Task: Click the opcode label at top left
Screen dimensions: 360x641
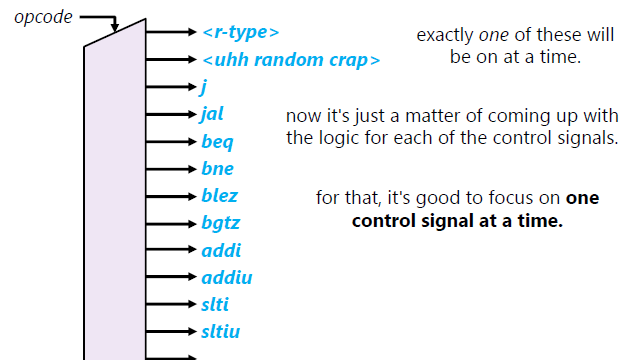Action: [43, 17]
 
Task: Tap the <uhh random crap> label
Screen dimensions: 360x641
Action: [290, 60]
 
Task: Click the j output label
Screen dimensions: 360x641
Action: [204, 87]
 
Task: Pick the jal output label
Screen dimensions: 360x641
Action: [212, 114]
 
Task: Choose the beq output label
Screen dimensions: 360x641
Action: [217, 142]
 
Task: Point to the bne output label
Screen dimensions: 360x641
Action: [217, 169]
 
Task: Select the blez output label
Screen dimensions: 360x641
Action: [219, 196]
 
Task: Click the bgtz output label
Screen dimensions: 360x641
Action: [220, 223]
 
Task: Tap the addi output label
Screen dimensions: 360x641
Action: [221, 250]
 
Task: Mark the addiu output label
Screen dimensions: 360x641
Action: [226, 277]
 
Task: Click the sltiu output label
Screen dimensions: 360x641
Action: [220, 331]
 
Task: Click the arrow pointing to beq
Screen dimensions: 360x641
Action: [172, 141]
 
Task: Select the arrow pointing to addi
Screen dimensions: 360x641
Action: [172, 249]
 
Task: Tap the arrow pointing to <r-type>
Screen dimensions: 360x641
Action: [172, 33]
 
